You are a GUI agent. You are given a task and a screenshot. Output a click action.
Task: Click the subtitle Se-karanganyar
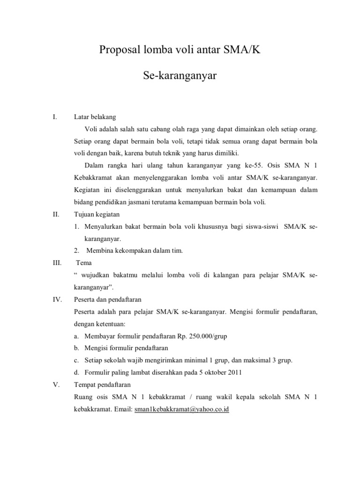(x=180, y=75)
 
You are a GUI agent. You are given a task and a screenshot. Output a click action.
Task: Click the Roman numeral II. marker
(x=56, y=214)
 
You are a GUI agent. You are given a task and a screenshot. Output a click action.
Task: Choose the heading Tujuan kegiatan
(x=97, y=214)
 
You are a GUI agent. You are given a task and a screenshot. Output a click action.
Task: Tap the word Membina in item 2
(x=100, y=250)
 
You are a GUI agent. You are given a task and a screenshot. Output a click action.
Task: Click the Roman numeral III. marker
(x=57, y=262)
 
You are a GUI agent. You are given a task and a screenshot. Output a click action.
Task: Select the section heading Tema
(x=83, y=262)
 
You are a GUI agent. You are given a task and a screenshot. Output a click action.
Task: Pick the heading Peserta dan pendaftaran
(x=108, y=299)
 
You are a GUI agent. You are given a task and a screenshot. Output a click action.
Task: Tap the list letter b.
(x=76, y=348)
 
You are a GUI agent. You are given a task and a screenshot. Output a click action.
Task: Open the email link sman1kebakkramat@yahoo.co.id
(x=182, y=409)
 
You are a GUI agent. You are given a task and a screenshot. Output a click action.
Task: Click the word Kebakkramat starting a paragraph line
(x=92, y=178)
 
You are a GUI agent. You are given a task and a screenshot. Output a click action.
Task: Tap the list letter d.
(x=76, y=372)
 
